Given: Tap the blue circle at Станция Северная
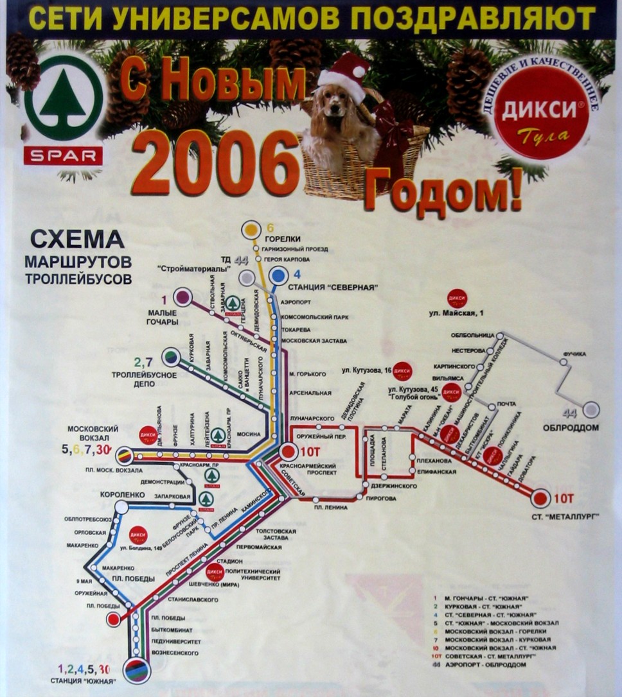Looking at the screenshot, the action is click(x=279, y=275).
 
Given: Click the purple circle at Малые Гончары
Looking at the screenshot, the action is click(x=182, y=297).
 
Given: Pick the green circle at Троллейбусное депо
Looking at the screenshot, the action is click(x=171, y=355).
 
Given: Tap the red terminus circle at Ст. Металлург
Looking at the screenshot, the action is click(x=540, y=498).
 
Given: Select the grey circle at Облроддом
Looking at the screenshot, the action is click(x=590, y=409).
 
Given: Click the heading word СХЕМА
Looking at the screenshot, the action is click(x=77, y=240).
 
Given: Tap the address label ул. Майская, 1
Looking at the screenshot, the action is click(x=457, y=313).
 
